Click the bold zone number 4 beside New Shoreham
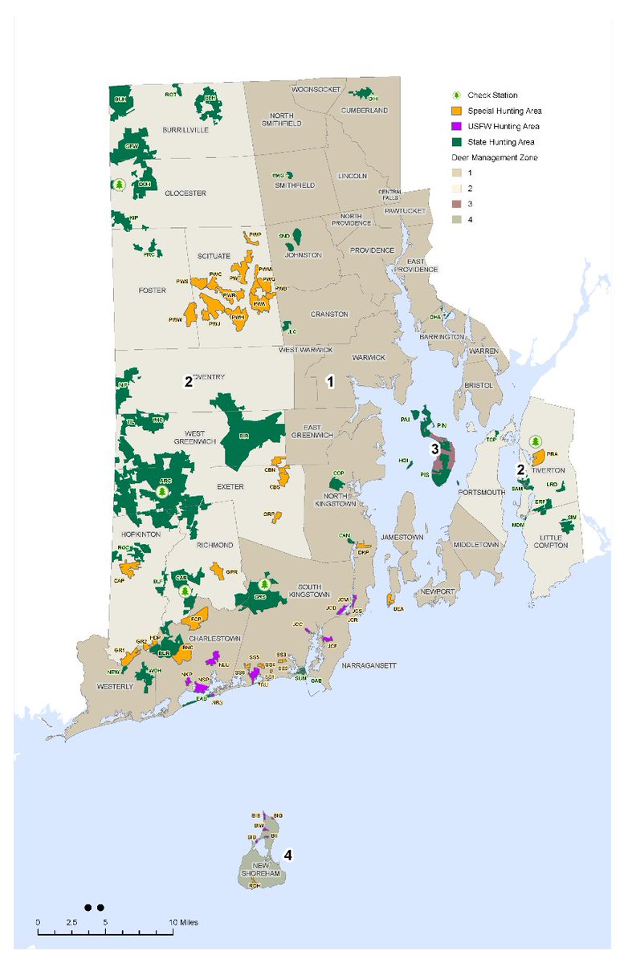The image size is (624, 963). pyautogui.click(x=287, y=856)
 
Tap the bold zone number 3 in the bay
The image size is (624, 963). pyautogui.click(x=434, y=449)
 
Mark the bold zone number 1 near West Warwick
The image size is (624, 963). pyautogui.click(x=329, y=383)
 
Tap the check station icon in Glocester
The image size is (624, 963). pyautogui.click(x=119, y=185)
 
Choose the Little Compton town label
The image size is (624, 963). pyautogui.click(x=549, y=540)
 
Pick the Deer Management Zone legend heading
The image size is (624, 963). pyautogui.click(x=492, y=157)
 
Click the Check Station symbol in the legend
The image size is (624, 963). pyautogui.click(x=454, y=95)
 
